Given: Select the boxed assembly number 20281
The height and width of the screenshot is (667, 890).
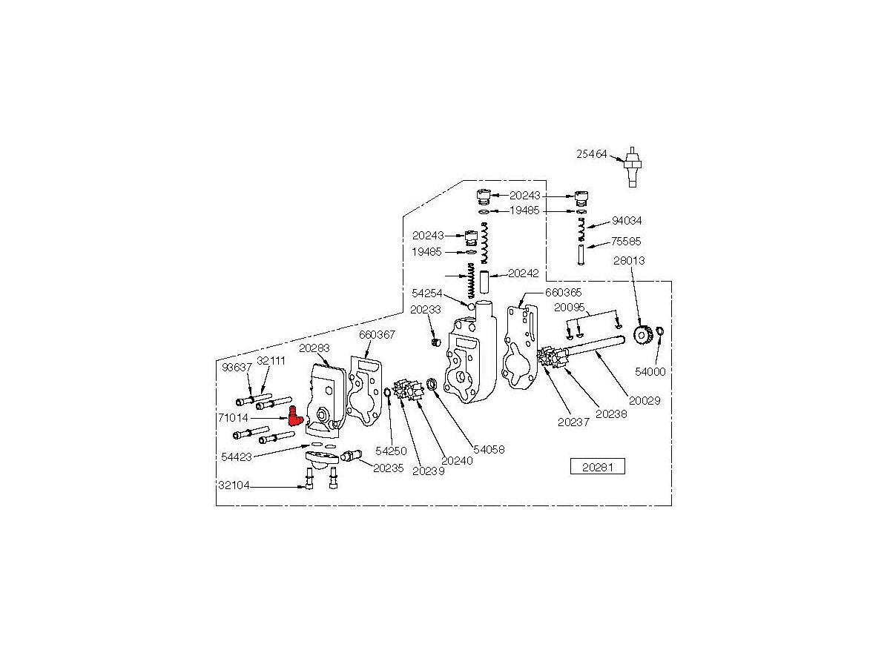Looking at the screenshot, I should pyautogui.click(x=597, y=467).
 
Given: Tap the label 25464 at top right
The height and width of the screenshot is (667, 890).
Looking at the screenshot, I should pyautogui.click(x=592, y=154).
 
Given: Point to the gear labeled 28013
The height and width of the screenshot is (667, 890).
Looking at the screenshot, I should pyautogui.click(x=644, y=335).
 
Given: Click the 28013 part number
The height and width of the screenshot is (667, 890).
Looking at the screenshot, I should pyautogui.click(x=629, y=260).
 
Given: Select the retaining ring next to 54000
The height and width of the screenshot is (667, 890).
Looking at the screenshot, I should pyautogui.click(x=659, y=331).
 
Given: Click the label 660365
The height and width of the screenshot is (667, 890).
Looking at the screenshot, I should pyautogui.click(x=564, y=292).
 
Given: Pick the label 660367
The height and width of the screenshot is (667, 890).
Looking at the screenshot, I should pyautogui.click(x=378, y=334).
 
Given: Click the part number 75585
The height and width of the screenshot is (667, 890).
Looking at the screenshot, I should pyautogui.click(x=626, y=241).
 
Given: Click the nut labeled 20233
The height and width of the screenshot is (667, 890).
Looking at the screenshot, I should pyautogui.click(x=438, y=342).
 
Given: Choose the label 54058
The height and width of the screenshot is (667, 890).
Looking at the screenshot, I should pyautogui.click(x=488, y=450).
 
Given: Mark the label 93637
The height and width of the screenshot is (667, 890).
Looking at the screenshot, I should pyautogui.click(x=237, y=366).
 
